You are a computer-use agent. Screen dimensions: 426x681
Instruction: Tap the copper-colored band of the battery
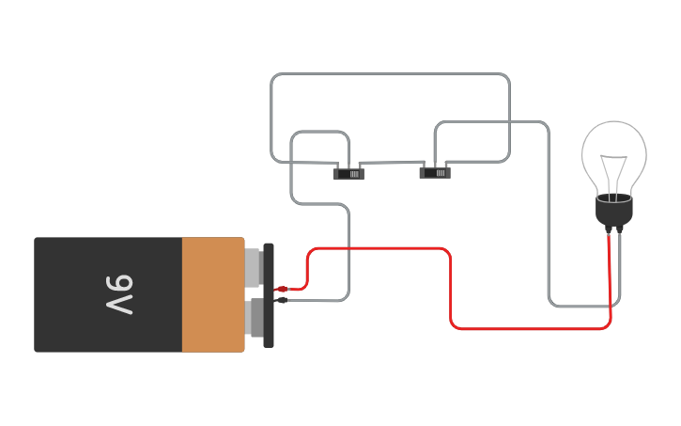coord(212,294)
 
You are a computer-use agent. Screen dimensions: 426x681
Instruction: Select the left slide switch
coord(348,173)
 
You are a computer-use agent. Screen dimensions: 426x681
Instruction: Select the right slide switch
coord(434,171)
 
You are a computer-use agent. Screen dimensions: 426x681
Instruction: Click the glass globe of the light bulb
coord(613,150)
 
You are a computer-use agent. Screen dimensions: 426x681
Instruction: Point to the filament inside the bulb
coord(615,174)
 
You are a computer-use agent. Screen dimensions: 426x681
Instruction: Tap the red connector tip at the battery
coord(282,289)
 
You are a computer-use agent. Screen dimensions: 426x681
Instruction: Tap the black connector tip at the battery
coord(282,300)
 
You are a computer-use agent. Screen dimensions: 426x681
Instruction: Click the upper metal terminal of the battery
coord(253,265)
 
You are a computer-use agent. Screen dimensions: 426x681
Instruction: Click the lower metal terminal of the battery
coord(253,317)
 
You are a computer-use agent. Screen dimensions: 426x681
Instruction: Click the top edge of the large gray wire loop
coord(390,74)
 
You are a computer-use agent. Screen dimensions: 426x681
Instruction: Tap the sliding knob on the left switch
coord(353,174)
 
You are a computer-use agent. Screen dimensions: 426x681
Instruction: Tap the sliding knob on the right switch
coord(440,172)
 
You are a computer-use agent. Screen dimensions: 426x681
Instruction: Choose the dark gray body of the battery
coord(75,294)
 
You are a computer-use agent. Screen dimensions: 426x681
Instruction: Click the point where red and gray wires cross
coord(348,248)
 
